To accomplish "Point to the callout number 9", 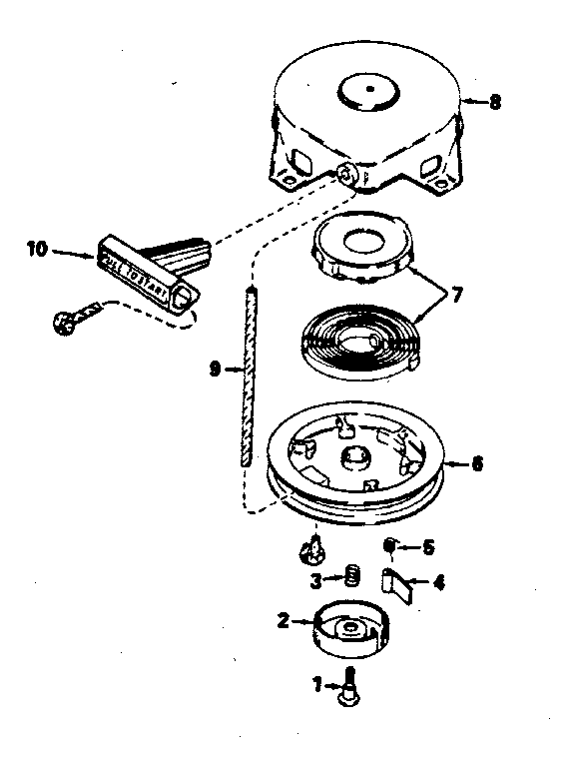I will (214, 369).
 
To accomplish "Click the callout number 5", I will (428, 546).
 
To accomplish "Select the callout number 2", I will (284, 621).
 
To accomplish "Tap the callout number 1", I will (317, 685).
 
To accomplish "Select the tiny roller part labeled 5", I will (392, 545).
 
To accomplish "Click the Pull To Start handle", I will (150, 265).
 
